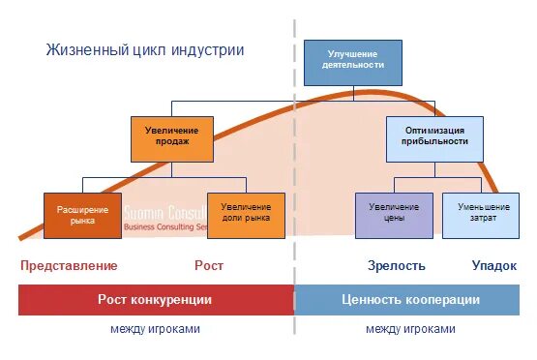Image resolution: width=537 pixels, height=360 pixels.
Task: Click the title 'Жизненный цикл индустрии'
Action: pyautogui.click(x=144, y=49)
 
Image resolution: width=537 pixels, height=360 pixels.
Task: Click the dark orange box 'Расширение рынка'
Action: pyautogui.click(x=82, y=215)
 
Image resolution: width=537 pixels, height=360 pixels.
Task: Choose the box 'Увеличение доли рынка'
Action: pyautogui.click(x=246, y=215)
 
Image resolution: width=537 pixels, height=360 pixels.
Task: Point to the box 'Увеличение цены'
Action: pyautogui.click(x=394, y=215)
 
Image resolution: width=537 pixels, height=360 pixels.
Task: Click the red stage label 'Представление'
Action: pyautogui.click(x=69, y=265)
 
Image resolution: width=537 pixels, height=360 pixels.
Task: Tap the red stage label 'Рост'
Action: pyautogui.click(x=209, y=265)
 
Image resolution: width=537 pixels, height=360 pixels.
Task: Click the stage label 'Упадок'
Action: pyautogui.click(x=493, y=265)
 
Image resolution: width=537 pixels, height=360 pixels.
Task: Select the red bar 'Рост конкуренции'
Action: pyautogui.click(x=156, y=300)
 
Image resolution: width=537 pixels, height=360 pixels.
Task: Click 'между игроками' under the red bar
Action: pyautogui.click(x=155, y=329)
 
